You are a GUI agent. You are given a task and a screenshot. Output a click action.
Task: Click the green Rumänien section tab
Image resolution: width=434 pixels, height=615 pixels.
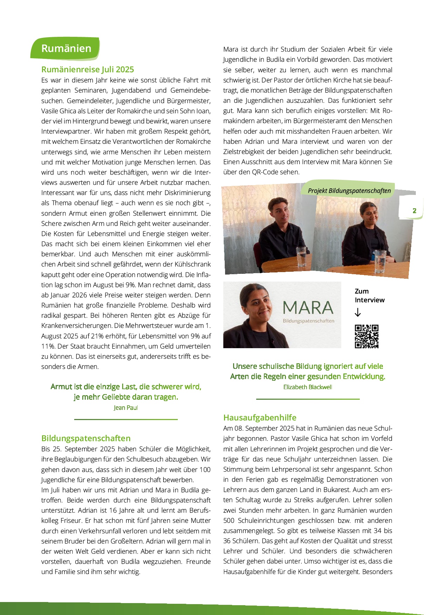(x=66, y=48)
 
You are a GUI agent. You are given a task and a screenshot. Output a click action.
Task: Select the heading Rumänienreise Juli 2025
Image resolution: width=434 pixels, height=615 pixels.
(x=87, y=69)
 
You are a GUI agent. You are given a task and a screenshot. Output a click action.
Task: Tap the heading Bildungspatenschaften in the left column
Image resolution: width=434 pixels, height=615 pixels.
(x=86, y=438)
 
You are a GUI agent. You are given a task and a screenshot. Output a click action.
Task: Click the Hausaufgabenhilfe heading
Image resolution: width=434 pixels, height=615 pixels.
(x=260, y=418)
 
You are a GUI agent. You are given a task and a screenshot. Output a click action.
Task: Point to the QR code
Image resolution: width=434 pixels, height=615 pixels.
(x=366, y=337)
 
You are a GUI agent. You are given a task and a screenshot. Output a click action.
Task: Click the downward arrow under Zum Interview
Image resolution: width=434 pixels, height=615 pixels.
(x=357, y=312)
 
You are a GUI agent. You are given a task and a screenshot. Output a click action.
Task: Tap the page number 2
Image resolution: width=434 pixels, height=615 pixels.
(x=414, y=211)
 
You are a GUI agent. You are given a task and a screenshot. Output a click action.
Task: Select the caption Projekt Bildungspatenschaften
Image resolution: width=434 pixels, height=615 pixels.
(x=349, y=191)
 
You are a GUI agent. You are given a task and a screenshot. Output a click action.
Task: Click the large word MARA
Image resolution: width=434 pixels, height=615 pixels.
(x=308, y=308)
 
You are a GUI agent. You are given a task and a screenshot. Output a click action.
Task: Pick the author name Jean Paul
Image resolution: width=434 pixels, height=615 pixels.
(x=126, y=408)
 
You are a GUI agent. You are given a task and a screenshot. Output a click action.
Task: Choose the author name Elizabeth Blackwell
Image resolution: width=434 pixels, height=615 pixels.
(x=308, y=387)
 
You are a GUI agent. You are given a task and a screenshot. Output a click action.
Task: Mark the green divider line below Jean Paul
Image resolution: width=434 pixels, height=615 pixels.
(x=126, y=419)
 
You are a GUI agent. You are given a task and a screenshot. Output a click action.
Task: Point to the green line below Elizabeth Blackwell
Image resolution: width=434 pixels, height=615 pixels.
(x=308, y=399)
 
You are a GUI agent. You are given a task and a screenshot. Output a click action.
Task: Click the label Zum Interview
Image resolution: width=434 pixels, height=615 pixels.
(x=369, y=296)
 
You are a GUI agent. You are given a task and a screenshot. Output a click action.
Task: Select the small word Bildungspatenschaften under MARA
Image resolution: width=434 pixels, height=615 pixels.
(x=308, y=321)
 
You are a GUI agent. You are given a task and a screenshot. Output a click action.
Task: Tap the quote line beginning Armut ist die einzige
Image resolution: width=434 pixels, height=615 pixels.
(x=126, y=387)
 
